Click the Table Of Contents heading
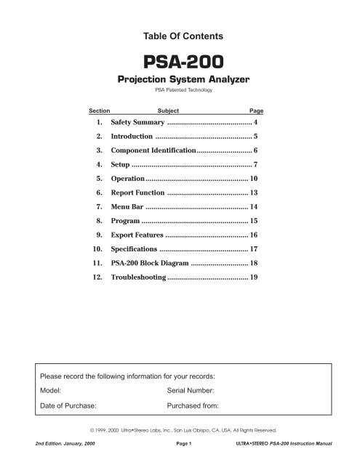point(180,35)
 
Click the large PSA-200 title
point(180,60)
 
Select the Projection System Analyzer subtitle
point(180,79)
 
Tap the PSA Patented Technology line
point(180,92)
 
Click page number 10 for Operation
point(255,178)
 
